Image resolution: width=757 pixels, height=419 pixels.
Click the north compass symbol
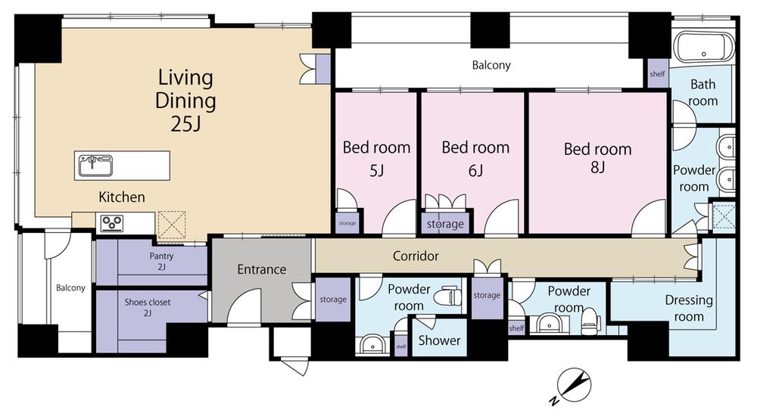pos(574,386)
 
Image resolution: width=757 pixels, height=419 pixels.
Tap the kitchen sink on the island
pos(95,166)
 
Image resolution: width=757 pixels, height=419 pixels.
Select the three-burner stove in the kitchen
pos(111,223)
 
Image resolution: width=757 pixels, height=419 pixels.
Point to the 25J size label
pos(186,124)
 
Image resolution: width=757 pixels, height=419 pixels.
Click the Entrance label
pos(262,269)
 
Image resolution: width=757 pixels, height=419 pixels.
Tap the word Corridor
pos(416,256)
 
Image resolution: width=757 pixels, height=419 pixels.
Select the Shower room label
pos(439,340)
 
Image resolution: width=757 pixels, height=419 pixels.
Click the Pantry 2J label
pos(161,261)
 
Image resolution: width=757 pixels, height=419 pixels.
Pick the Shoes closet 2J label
pos(148,307)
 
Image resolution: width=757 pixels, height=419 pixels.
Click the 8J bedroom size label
pos(598,167)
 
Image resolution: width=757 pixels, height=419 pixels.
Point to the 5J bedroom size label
pos(376,170)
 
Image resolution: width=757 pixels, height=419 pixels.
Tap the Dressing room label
pos(689,308)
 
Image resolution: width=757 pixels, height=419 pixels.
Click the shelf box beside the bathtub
pos(658,74)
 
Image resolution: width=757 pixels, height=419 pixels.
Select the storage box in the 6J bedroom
pos(445,223)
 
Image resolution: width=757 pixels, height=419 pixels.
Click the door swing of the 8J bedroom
pos(649,217)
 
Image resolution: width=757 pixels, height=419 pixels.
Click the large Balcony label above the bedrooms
pos(491,65)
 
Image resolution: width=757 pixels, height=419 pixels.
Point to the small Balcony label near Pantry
pos(70,288)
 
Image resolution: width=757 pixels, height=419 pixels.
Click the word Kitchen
pos(122,197)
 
